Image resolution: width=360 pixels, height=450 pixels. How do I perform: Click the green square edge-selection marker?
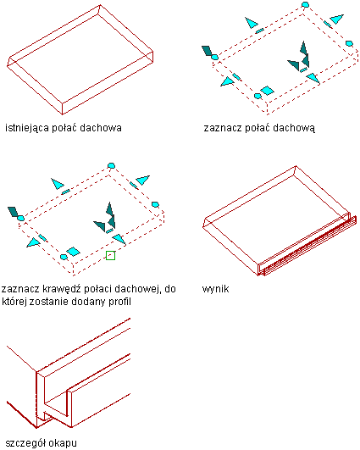pos(110,255)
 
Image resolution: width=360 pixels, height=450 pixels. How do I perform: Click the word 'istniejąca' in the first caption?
pos(27,128)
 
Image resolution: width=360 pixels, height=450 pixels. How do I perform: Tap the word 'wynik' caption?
pos(215,289)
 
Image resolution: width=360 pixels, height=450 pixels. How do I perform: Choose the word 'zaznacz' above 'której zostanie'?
pos(20,289)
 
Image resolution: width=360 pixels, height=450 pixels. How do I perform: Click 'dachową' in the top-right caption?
pos(294,128)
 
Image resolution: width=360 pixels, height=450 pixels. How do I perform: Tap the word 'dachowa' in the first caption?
pos(101,128)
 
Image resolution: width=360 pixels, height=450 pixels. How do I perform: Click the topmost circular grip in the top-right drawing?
pos(305,4)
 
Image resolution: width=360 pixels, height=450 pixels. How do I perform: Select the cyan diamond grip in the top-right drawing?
pos(267,91)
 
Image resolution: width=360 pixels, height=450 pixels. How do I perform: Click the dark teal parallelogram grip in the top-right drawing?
pos(207,51)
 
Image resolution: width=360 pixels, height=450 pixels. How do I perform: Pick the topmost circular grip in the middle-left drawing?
pos(111,165)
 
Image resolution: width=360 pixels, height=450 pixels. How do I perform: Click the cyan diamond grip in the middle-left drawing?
pos(73,252)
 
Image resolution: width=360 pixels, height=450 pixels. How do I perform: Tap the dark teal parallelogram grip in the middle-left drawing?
pos(13,212)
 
